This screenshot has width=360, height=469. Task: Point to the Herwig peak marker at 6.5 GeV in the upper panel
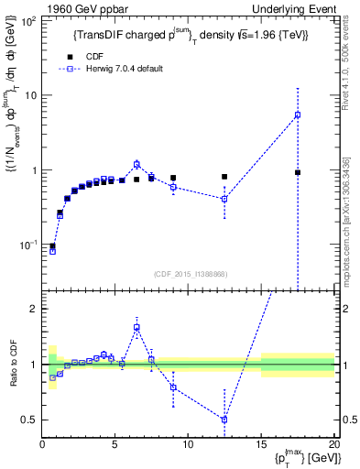point(136,164)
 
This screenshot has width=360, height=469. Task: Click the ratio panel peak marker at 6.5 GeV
point(136,327)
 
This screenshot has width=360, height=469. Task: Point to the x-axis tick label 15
point(261,446)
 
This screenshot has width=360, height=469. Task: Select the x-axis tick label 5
point(115,446)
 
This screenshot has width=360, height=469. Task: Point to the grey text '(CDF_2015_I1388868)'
point(188,275)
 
